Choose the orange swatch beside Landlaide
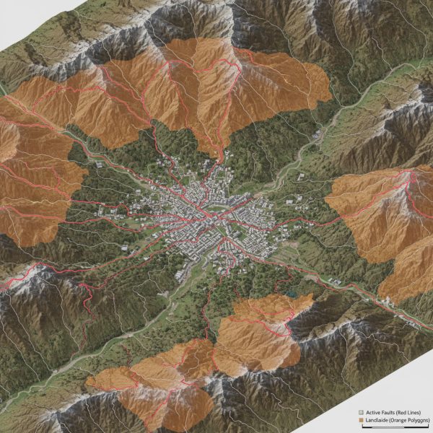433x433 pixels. point(362,419)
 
